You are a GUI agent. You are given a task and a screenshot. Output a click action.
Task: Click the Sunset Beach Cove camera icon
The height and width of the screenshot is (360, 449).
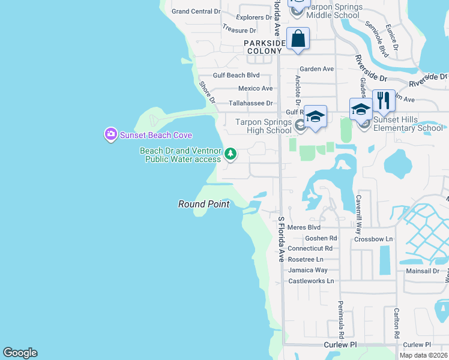click(110, 134)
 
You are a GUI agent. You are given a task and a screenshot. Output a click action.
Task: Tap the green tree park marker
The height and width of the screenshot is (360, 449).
click(230, 155)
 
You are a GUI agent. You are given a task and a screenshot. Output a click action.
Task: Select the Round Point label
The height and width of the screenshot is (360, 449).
click(203, 204)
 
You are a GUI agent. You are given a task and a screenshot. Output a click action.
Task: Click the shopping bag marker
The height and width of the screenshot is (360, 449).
click(298, 39)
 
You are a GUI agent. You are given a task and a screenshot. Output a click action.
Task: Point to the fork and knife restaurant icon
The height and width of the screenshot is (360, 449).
click(383, 100)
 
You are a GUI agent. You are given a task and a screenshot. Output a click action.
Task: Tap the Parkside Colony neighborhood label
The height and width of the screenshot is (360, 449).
click(263, 47)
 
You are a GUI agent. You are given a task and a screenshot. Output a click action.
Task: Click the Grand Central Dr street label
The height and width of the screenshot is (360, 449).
click(196, 11)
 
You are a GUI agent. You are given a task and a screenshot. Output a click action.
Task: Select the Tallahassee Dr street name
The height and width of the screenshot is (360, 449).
click(250, 103)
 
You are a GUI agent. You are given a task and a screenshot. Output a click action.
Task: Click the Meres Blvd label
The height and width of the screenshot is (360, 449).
click(304, 227)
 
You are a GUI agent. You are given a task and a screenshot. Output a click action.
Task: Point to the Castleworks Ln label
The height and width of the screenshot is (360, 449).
click(311, 281)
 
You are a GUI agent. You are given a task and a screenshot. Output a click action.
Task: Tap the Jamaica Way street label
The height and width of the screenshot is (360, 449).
click(308, 270)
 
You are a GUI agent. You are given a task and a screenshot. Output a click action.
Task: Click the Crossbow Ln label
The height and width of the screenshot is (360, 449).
click(373, 239)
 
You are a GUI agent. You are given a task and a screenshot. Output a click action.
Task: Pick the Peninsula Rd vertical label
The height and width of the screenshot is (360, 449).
click(340, 319)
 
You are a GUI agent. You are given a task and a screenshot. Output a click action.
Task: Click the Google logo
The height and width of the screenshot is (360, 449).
click(20, 353)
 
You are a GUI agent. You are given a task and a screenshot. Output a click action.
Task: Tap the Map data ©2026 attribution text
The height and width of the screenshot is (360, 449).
click(424, 355)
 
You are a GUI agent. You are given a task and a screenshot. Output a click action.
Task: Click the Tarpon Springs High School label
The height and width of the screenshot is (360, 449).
click(262, 127)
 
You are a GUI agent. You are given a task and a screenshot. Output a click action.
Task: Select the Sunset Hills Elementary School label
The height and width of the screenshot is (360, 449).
click(408, 124)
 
